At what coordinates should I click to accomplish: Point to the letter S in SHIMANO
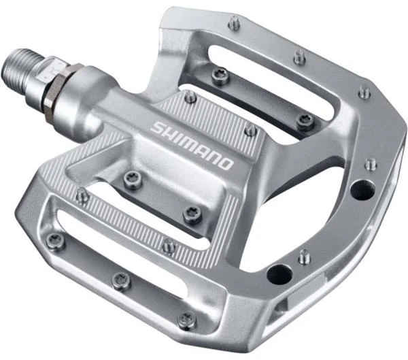pos(157,127)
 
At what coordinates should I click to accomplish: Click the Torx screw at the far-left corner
pos(54,242)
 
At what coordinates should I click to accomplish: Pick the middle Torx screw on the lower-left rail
pos(122,279)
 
